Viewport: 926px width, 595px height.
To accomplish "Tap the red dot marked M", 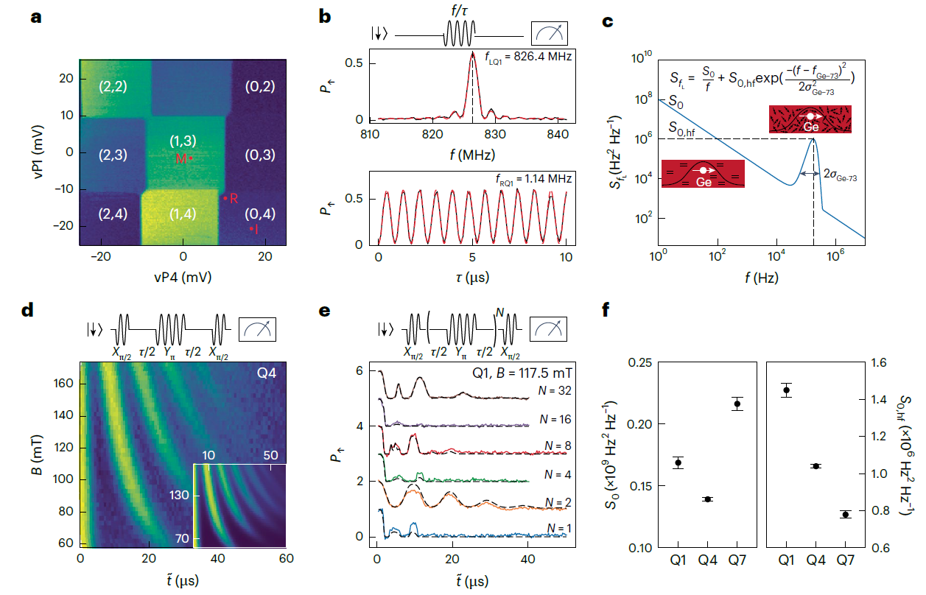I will (x=191, y=158).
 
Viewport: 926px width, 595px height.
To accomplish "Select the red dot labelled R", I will (x=225, y=197).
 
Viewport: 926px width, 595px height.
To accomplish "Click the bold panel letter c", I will (x=608, y=21).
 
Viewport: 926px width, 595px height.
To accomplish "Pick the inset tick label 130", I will (x=180, y=495).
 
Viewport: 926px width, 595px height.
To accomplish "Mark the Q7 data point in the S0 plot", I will (x=737, y=403).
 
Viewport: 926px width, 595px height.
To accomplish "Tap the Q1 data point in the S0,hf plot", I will (x=788, y=390).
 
